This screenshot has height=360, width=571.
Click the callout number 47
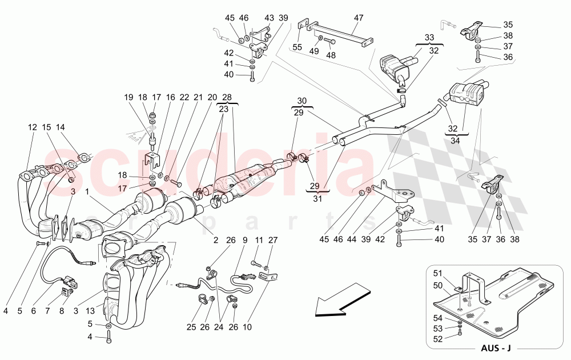(358, 18)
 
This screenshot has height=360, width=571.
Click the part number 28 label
(228, 97)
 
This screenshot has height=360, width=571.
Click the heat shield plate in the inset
(502, 300)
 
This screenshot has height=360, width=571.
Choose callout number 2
(215, 241)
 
